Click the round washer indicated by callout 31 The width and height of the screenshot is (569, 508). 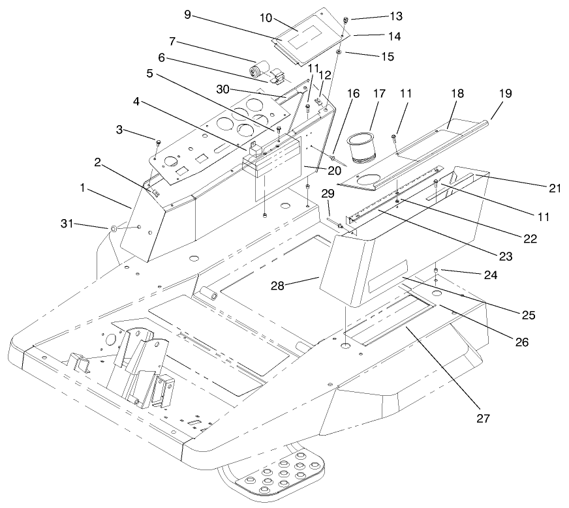(113, 228)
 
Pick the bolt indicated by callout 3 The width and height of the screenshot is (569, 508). (159, 142)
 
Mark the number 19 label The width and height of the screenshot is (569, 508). (505, 95)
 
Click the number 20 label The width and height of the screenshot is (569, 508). (315, 170)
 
